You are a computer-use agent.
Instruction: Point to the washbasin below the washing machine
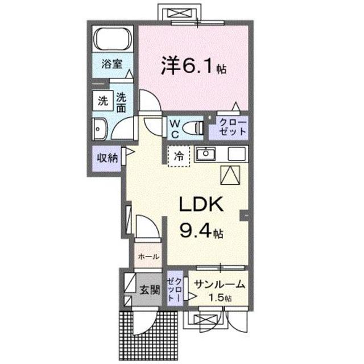(x=101, y=129)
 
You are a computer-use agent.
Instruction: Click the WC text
(x=175, y=129)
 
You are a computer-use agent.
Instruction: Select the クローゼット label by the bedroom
(x=229, y=127)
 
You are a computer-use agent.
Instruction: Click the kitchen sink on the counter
(x=204, y=153)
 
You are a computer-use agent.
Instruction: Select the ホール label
(x=148, y=257)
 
